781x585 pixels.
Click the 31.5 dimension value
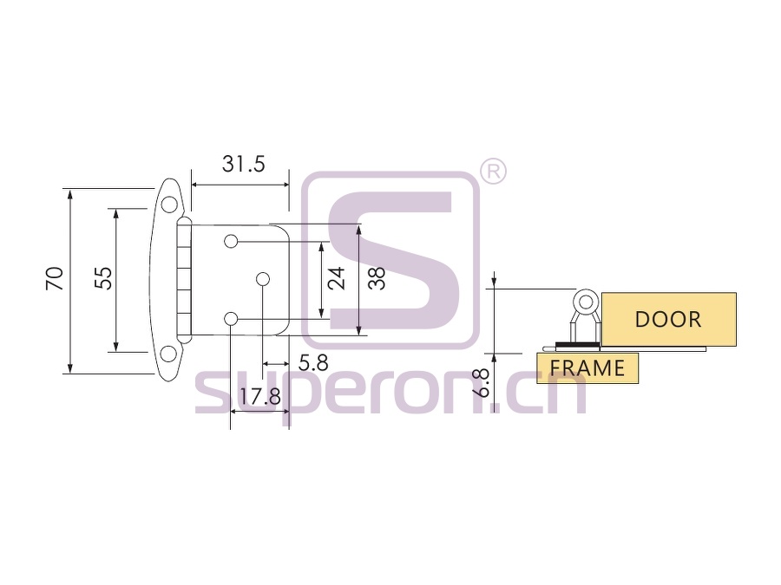[x=244, y=164]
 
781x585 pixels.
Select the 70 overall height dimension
[x=55, y=278]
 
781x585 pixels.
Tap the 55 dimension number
[x=103, y=278]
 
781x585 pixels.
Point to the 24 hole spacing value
[x=336, y=278]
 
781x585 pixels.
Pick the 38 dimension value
[x=377, y=278]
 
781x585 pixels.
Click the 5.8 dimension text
[x=313, y=363]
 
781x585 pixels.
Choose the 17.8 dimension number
[x=260, y=396]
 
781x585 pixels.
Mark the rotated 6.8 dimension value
[x=482, y=382]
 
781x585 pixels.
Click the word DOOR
[x=668, y=319]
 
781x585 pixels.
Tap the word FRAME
[x=587, y=368]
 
